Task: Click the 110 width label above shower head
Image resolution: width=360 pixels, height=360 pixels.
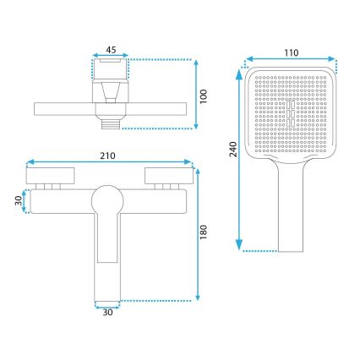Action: (x=291, y=52)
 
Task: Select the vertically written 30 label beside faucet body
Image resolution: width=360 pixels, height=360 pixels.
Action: (x=16, y=201)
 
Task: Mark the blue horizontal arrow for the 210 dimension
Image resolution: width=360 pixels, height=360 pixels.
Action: (x=112, y=163)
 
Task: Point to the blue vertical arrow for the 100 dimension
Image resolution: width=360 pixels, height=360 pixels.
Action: (x=194, y=94)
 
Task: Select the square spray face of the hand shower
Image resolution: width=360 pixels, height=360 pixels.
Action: (x=291, y=112)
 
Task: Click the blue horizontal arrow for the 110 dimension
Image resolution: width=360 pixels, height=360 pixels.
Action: (x=291, y=61)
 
